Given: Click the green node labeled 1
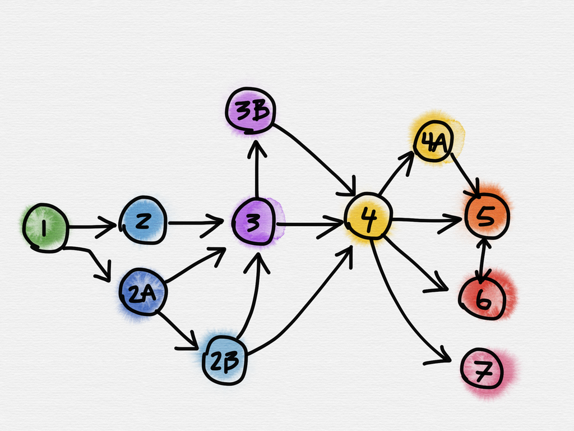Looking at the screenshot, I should [x=45, y=227].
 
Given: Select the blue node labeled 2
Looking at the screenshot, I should [x=143, y=220].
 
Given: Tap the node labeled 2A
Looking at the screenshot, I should [x=141, y=292].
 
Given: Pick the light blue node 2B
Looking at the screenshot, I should [x=225, y=360].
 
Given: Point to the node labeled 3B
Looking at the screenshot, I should [x=249, y=111].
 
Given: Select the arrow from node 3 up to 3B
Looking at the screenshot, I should [x=256, y=168].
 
